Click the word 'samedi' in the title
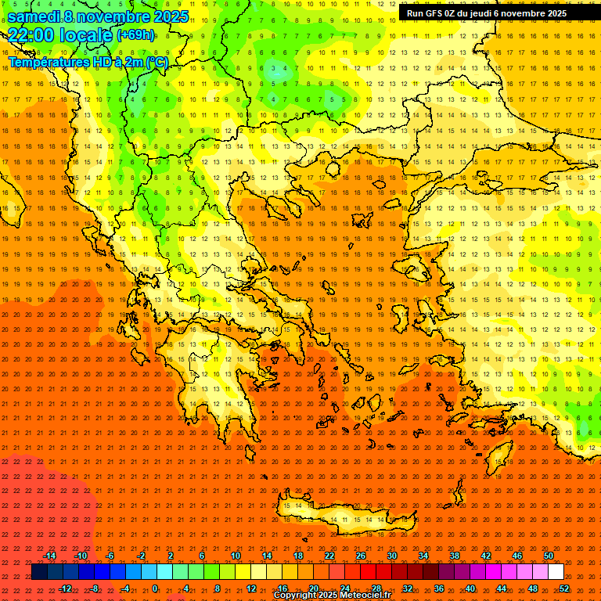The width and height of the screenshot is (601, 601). click(x=34, y=16)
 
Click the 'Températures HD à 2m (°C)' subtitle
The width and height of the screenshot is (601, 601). click(x=88, y=62)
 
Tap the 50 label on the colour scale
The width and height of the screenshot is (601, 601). click(x=549, y=556)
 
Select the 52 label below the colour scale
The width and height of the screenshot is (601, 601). click(x=564, y=588)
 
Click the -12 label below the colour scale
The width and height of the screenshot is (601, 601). click(x=65, y=588)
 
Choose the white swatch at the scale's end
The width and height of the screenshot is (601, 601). click(x=556, y=572)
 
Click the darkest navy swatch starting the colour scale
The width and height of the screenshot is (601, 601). click(x=39, y=572)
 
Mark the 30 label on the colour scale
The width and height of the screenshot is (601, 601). click(x=391, y=556)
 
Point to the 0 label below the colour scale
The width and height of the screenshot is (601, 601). click(x=155, y=588)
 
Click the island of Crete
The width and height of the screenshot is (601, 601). click(x=344, y=516)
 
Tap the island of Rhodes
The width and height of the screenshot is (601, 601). click(x=498, y=454)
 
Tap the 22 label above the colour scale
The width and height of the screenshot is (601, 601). click(x=329, y=556)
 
